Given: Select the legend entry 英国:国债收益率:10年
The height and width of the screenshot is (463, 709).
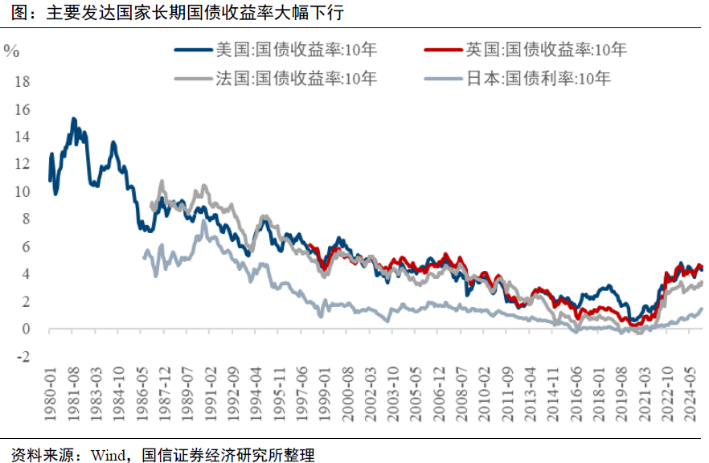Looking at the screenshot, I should tap(547, 50).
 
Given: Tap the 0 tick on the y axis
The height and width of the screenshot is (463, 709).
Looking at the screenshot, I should tap(26, 330).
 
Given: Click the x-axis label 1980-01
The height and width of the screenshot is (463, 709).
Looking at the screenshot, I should tap(49, 394).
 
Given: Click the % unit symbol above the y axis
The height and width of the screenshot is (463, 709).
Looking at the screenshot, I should tap(11, 51).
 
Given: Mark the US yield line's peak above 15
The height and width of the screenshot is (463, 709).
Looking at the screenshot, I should tap(73, 119).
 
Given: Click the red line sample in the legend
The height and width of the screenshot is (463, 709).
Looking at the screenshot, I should tap(441, 50).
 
